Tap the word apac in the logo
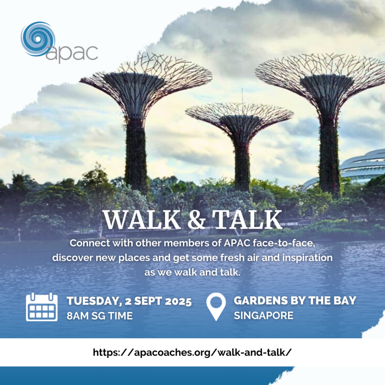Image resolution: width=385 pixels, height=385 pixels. [x=72, y=53]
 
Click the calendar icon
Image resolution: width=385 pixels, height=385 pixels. [x=42, y=307]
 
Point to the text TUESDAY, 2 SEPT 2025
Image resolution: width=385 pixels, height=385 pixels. [x=129, y=301]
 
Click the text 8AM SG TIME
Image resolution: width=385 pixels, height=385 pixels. [x=100, y=316]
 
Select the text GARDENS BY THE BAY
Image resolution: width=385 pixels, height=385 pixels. [x=295, y=300]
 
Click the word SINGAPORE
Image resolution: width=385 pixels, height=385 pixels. [x=264, y=315]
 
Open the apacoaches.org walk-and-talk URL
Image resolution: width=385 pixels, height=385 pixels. [x=192, y=353]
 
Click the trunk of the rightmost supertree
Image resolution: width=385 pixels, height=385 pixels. [x=329, y=152]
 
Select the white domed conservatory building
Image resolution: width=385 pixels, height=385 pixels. [x=353, y=170]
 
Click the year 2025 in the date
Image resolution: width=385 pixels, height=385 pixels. [x=178, y=301]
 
